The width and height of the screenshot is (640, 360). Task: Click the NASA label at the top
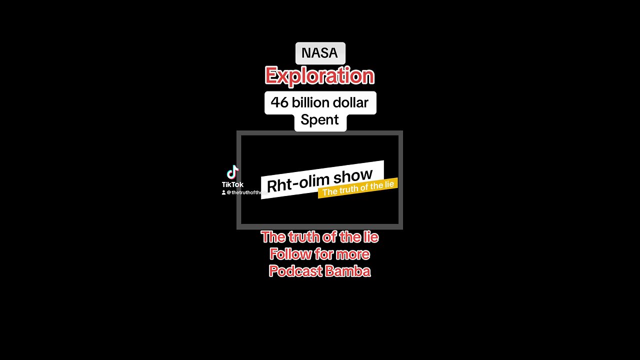point(320,53)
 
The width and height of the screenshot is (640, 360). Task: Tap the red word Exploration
point(319,76)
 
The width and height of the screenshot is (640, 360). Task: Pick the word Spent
point(319,120)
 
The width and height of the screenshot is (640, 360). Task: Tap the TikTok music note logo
point(232,172)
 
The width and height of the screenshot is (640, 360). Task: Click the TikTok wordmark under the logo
point(232,184)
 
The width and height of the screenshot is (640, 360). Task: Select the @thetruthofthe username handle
point(244,192)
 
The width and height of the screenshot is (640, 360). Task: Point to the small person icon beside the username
point(223,192)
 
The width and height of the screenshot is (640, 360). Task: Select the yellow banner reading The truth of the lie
point(358,187)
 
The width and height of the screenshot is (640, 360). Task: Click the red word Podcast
point(292,271)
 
